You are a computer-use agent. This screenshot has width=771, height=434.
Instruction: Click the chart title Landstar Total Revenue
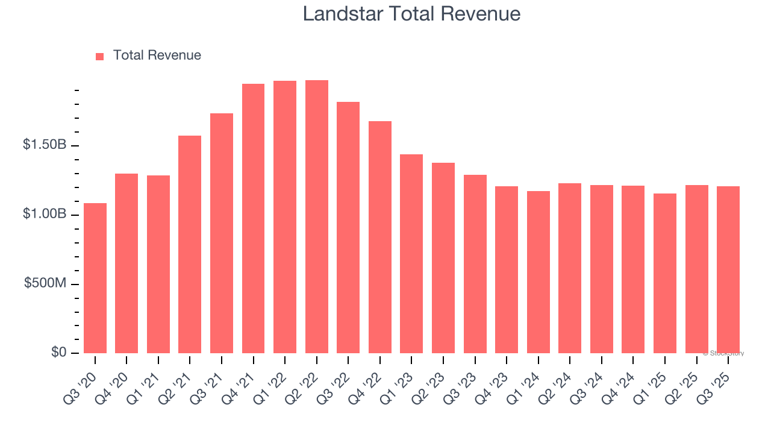(411, 14)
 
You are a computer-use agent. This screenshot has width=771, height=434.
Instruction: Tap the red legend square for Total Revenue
(99, 56)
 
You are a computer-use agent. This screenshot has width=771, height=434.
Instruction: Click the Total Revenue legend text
(157, 55)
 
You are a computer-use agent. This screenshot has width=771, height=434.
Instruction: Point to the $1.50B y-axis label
(45, 145)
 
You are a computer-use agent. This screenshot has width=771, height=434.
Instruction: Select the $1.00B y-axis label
(45, 214)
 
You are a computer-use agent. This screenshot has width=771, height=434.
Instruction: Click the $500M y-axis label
(45, 283)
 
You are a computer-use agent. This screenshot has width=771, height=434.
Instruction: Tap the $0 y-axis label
(58, 353)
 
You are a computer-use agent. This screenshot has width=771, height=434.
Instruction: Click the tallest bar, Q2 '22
(317, 217)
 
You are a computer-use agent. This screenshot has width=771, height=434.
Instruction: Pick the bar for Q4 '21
(253, 219)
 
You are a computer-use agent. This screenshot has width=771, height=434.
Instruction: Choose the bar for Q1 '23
(411, 254)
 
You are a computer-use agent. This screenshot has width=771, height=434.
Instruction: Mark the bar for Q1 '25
(665, 274)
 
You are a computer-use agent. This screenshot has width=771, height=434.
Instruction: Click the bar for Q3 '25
(728, 270)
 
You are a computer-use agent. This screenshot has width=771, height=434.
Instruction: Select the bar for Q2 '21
(190, 245)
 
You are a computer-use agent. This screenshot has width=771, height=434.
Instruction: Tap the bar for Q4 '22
(380, 237)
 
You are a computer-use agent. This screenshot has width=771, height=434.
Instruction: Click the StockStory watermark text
(723, 353)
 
